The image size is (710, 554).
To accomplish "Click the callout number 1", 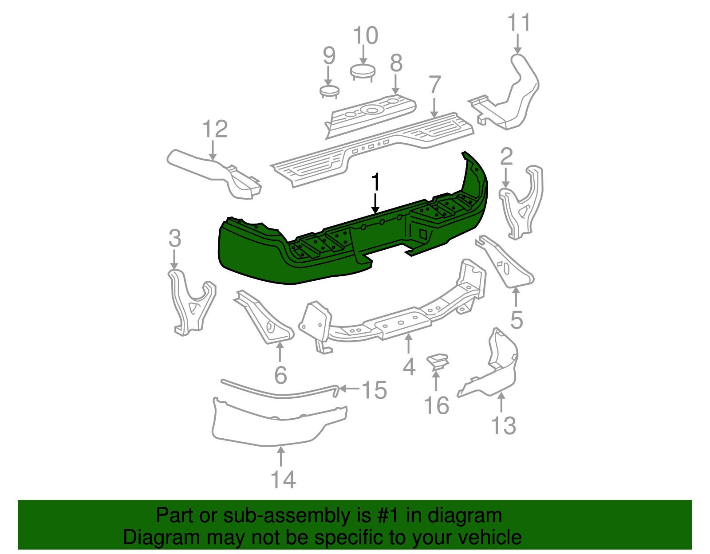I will coord(375,182).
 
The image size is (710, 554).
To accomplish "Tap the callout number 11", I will coord(518,23).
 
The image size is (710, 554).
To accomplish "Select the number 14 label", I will coord(283,480).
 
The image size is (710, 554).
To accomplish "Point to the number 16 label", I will coord(437,406).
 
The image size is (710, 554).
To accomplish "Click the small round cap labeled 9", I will coord(329,91).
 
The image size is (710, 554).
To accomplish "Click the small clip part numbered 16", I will coord(438,361).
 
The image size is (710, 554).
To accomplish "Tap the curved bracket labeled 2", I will coord(524,204).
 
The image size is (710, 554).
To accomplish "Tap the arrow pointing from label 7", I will coord(434,106).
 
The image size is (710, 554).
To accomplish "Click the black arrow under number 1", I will coord(376,204).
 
